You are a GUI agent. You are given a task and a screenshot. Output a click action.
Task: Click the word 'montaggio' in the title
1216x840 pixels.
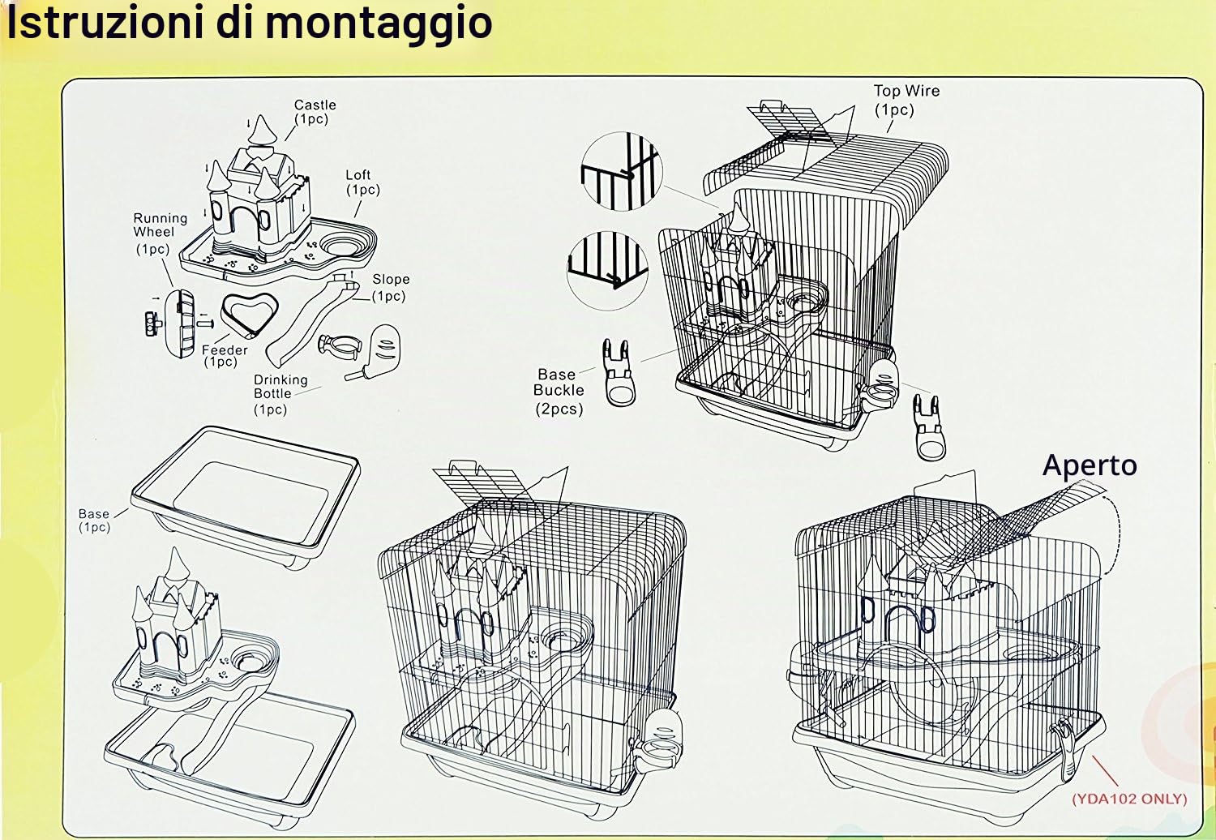(379, 24)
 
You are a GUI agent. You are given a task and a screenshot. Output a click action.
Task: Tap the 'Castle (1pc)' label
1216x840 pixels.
(315, 112)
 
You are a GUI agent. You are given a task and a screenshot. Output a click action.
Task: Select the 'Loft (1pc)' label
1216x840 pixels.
(362, 182)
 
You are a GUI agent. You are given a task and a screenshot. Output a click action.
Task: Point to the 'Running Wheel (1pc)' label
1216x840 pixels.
(161, 233)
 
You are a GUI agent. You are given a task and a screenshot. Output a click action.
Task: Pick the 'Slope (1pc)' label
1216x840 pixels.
(390, 287)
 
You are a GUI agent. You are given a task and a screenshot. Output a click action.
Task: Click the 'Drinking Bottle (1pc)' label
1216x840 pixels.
(280, 394)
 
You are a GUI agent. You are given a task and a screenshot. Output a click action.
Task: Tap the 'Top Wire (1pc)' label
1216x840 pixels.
(906, 100)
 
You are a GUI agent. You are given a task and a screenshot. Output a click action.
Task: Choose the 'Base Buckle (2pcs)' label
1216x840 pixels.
(559, 392)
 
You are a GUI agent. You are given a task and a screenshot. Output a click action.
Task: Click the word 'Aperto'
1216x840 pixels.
(1090, 466)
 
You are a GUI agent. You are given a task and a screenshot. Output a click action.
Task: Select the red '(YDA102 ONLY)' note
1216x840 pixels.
(1129, 799)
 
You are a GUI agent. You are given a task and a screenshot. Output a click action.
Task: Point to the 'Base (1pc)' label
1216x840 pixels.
(94, 521)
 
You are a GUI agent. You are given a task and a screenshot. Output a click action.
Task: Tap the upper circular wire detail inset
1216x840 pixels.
(622, 170)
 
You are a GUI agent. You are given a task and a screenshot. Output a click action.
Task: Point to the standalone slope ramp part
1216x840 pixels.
(308, 321)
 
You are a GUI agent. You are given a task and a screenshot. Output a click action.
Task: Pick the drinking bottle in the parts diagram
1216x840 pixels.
(375, 353)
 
